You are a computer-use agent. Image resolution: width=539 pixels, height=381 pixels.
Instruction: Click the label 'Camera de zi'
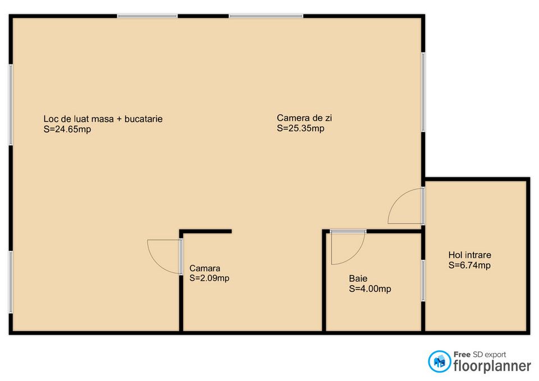(304, 118)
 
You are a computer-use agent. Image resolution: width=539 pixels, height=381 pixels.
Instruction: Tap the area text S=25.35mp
(300, 128)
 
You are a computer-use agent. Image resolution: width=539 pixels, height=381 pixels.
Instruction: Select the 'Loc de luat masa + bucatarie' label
(103, 119)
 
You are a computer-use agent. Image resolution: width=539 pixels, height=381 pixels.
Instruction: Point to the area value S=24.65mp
(67, 129)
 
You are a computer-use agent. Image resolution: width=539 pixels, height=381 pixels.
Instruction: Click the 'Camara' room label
(204, 268)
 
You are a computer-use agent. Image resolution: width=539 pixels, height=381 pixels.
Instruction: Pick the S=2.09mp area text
(209, 278)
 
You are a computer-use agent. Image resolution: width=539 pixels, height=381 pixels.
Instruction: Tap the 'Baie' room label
(358, 278)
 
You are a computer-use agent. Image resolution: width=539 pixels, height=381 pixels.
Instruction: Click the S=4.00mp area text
(370, 288)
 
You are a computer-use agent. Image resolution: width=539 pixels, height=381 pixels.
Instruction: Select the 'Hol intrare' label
(469, 255)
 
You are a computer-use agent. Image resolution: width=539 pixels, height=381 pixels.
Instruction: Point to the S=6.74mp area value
(469, 265)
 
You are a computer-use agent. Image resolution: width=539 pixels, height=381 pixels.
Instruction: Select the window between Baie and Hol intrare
(423, 281)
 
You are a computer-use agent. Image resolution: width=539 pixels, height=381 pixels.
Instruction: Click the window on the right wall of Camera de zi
(423, 92)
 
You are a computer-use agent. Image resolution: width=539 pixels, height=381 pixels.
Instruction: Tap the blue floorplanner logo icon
(439, 361)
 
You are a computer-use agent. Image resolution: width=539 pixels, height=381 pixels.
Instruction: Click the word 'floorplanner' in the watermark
(492, 366)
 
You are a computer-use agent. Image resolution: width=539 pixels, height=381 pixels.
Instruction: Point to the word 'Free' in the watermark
(462, 354)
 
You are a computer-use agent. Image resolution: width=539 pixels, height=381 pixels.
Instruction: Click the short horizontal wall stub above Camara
(205, 231)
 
